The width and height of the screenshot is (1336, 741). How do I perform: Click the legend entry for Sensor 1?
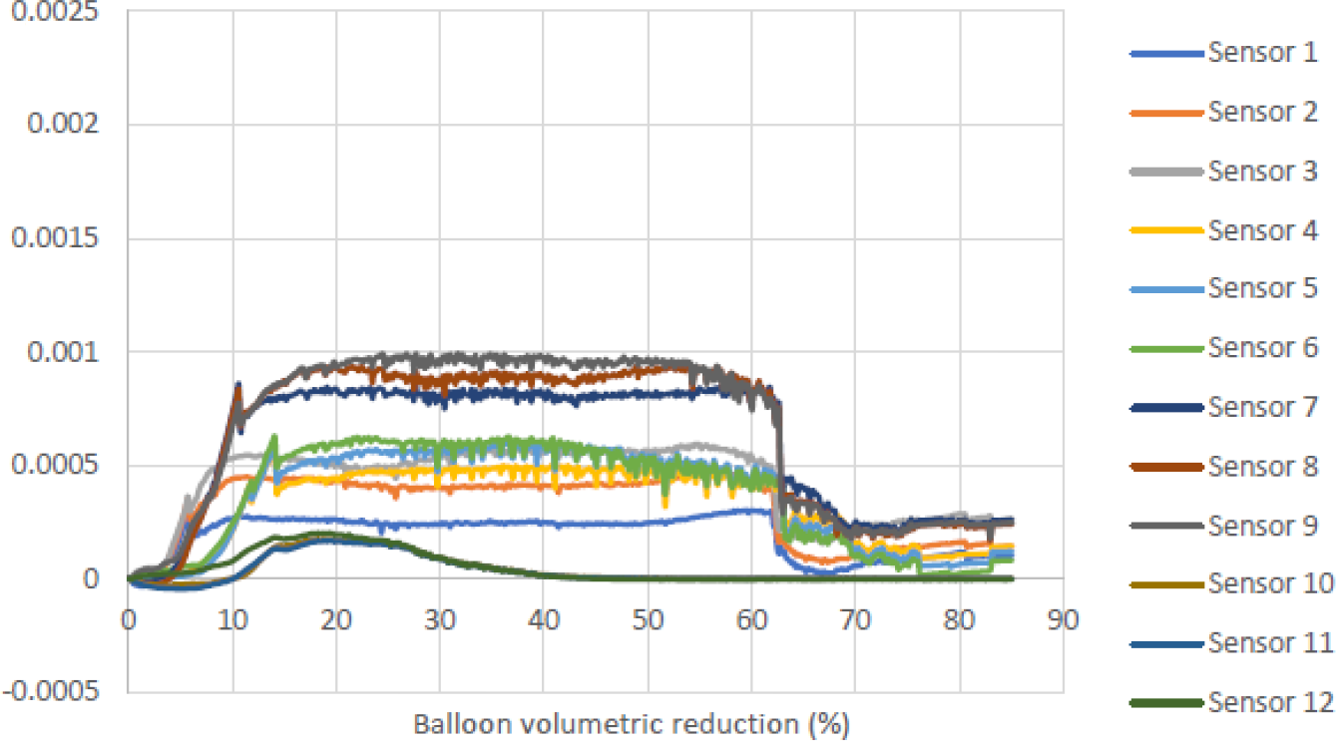click(1262, 53)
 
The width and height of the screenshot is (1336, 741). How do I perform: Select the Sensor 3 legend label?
click(1262, 171)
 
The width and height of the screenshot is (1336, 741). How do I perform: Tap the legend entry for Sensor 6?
click(1262, 347)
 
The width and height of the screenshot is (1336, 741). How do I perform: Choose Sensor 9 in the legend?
click(1262, 525)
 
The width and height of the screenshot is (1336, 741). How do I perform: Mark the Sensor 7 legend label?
click(1262, 407)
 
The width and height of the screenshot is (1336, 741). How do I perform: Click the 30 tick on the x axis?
click(440, 619)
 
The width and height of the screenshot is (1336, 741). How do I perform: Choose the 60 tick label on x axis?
click(751, 619)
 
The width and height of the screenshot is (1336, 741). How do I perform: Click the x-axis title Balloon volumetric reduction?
click(632, 723)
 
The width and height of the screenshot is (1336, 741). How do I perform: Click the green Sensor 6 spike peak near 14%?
click(273, 436)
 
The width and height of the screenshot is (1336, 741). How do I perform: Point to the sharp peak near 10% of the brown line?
click(238, 384)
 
